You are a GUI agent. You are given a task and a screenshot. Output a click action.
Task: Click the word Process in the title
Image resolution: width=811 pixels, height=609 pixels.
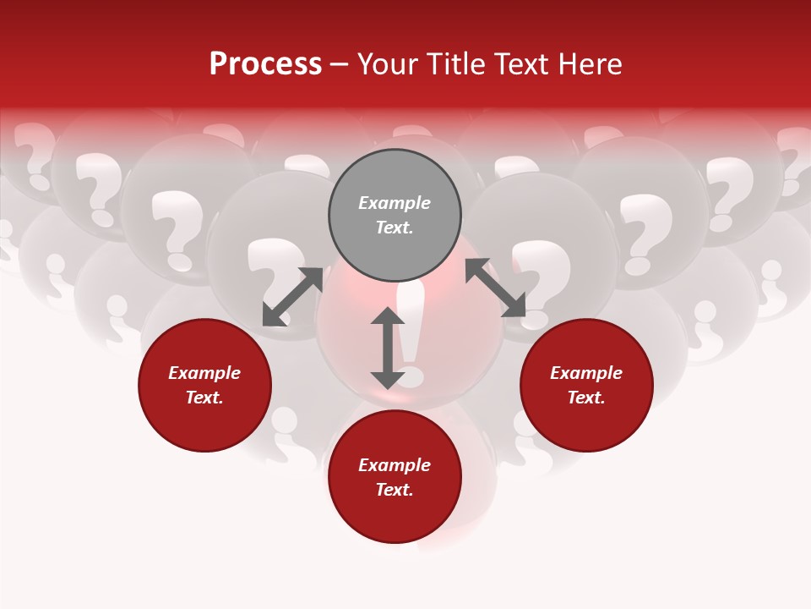pos(265,64)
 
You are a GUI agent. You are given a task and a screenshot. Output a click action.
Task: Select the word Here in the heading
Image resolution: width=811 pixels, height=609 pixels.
pos(589,64)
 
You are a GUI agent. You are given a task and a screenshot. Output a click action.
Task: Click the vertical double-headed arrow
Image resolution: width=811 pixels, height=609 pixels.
pos(388,348)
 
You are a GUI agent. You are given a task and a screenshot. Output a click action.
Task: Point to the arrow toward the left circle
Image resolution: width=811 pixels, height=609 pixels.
pos(292,297)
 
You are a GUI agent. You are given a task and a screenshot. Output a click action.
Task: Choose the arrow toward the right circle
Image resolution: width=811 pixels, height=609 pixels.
pos(495,288)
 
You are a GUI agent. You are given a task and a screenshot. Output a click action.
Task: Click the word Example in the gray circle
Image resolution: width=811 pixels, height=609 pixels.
pos(395,203)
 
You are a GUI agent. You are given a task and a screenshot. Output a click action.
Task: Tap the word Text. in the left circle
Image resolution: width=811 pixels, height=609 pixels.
pos(204,398)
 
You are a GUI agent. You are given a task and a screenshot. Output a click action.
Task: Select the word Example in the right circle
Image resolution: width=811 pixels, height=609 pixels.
pos(586,373)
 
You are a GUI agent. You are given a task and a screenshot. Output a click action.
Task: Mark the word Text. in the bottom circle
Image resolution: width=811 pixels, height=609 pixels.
pos(395,490)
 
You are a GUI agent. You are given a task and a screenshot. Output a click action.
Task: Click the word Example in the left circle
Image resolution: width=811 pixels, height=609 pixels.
pos(204,373)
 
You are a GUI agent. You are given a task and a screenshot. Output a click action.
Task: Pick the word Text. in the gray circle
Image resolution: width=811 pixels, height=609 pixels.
pos(395,228)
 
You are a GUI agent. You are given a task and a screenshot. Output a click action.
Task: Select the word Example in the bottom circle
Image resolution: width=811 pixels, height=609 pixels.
pos(395,465)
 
